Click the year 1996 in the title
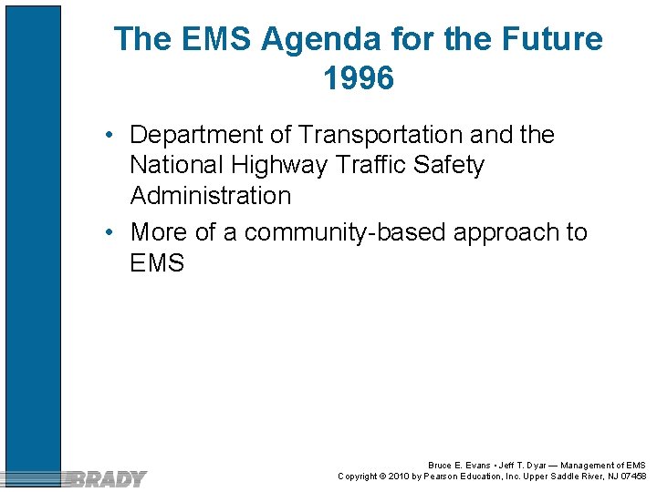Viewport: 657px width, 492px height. coord(359,79)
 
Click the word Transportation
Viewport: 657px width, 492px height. coord(381,135)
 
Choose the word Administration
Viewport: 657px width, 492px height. coord(211,196)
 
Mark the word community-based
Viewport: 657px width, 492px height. coord(348,232)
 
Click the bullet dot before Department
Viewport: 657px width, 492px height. coord(109,136)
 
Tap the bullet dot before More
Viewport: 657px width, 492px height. coord(109,233)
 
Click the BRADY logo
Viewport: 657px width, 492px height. coord(108,478)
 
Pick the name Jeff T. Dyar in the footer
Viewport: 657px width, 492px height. coord(518,466)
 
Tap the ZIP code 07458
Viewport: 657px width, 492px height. coord(633,477)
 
